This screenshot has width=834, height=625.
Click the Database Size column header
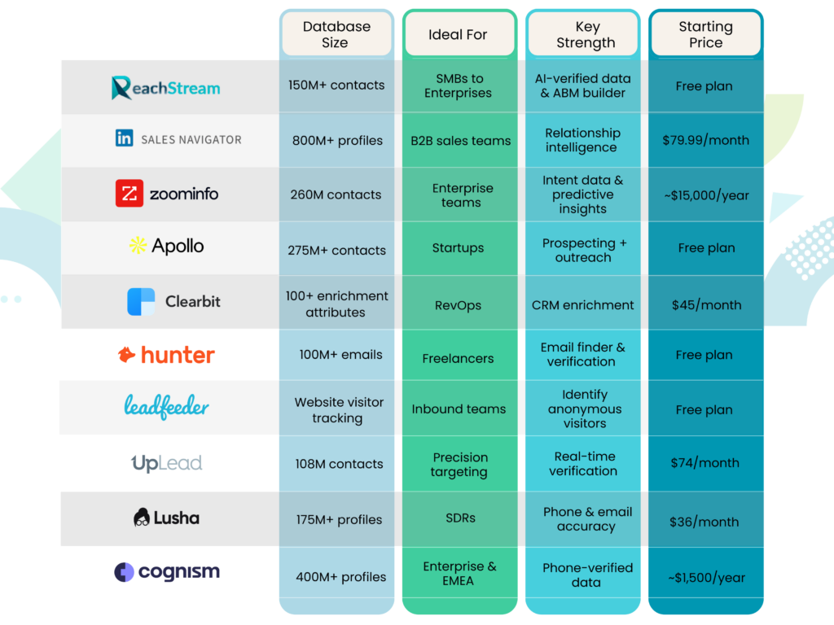click(336, 35)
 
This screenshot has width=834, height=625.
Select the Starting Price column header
click(705, 35)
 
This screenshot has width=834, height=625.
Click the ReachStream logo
click(166, 87)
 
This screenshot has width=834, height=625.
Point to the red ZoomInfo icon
click(129, 194)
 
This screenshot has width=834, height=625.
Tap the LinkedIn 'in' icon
click(124, 138)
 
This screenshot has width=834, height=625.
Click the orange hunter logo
click(166, 355)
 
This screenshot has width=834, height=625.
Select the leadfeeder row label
click(166, 406)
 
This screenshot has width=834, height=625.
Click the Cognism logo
click(166, 572)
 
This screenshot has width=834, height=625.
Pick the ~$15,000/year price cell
click(705, 195)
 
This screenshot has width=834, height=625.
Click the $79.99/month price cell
click(705, 140)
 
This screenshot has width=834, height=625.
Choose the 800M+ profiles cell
click(337, 140)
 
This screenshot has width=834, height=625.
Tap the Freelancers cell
click(458, 358)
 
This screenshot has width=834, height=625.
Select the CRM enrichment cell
click(582, 305)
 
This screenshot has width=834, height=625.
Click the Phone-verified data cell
click(587, 575)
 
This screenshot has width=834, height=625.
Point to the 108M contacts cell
click(339, 464)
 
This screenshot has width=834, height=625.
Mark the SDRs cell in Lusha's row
click(461, 518)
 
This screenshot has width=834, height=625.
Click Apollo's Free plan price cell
click(705, 248)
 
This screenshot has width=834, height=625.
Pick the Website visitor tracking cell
click(338, 410)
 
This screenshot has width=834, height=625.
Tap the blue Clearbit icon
click(141, 302)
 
